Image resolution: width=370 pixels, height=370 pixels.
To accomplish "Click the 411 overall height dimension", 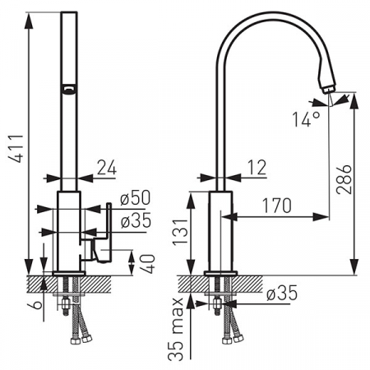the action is (x=16, y=149).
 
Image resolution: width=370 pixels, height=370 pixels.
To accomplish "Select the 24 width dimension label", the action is (x=107, y=167).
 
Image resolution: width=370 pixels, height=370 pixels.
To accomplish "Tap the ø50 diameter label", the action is (x=136, y=197).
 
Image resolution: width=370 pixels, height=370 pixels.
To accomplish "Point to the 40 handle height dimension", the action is (x=149, y=264).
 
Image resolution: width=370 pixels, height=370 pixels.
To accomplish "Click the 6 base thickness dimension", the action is (x=38, y=304).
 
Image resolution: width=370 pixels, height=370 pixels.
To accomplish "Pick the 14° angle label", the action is (x=306, y=119).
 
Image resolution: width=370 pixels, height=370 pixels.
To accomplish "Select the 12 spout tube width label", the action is (x=257, y=167).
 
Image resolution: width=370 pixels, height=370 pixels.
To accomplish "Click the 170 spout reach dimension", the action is (x=277, y=206).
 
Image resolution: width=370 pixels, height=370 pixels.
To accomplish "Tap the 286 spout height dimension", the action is (x=344, y=179).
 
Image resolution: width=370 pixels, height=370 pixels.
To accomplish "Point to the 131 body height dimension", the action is (x=180, y=231).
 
